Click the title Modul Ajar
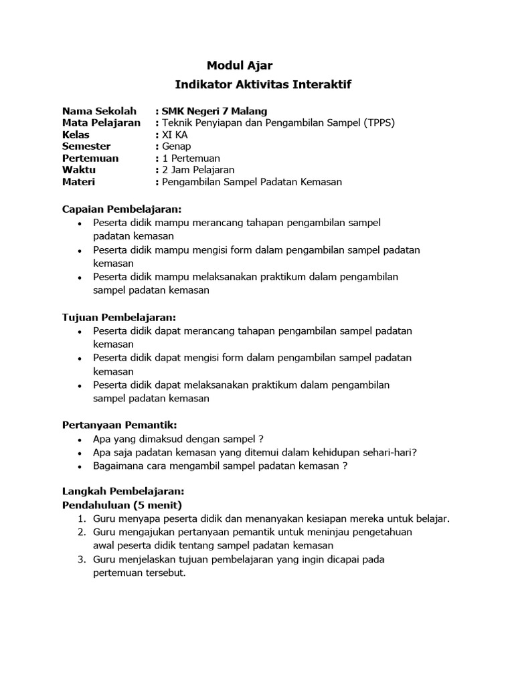240,65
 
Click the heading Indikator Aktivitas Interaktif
262,85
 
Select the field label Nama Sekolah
99,111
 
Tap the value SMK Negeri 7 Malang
214,111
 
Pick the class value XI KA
175,134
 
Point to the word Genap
176,146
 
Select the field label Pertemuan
90,159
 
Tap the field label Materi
79,182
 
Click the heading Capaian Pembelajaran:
122,209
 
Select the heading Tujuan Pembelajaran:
119,317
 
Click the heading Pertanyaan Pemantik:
119,425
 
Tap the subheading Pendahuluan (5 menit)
122,504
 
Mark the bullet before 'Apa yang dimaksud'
80,439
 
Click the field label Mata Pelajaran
101,122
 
